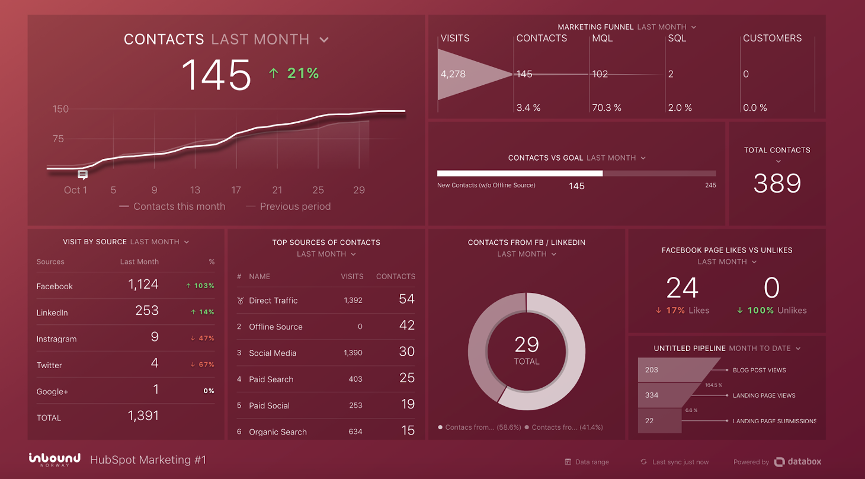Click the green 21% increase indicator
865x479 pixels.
(x=294, y=74)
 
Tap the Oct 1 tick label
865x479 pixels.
(x=75, y=190)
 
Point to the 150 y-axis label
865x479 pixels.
(x=60, y=109)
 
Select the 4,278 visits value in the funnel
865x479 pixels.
(x=453, y=74)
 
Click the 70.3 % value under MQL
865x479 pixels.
(x=607, y=108)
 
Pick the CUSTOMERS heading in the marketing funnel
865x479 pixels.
(x=772, y=38)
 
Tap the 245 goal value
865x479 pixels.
(x=710, y=186)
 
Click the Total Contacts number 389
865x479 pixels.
(x=777, y=184)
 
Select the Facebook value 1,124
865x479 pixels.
(x=143, y=285)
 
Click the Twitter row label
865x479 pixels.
(x=49, y=365)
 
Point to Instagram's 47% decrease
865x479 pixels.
(x=203, y=339)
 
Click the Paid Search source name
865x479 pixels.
(x=271, y=379)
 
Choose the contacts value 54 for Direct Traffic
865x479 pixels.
(x=406, y=299)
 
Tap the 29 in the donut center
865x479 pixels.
(x=527, y=344)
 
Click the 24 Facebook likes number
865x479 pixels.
(x=683, y=288)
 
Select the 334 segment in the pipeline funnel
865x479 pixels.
(x=652, y=395)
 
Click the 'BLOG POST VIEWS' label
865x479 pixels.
(x=759, y=370)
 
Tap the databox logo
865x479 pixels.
(x=797, y=462)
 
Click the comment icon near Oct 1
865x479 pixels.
(x=83, y=175)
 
